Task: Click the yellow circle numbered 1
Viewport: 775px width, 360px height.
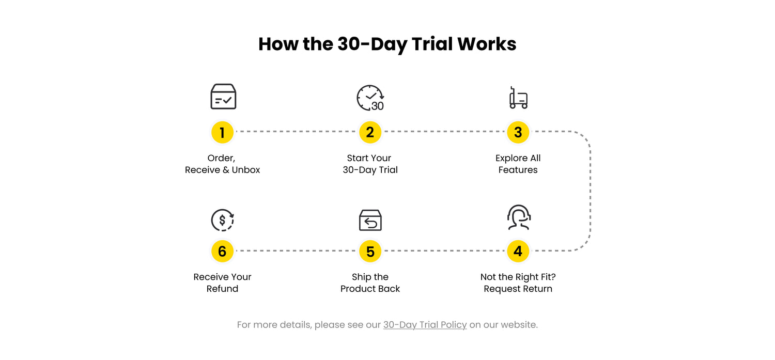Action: [x=222, y=132]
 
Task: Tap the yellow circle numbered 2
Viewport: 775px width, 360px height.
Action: [x=370, y=132]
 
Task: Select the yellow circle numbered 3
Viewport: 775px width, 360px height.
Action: [x=518, y=132]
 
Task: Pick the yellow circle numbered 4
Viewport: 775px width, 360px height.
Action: [x=518, y=251]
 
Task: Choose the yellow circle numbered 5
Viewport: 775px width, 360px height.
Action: [x=370, y=251]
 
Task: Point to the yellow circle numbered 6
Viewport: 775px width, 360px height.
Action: [x=222, y=251]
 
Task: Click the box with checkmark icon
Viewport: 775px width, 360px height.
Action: [x=223, y=97]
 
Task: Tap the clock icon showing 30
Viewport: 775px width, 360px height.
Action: [x=370, y=98]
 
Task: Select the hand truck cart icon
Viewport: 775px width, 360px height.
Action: [x=518, y=98]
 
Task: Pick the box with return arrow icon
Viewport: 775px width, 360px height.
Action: [x=370, y=220]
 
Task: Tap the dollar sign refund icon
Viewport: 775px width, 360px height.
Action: [x=223, y=220]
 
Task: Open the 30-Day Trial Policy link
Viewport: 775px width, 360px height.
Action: [x=425, y=325]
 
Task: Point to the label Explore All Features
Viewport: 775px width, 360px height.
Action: [x=518, y=164]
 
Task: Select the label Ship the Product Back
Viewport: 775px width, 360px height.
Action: [x=370, y=283]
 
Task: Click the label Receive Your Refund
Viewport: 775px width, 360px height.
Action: [x=222, y=283]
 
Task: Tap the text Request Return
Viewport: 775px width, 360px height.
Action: [x=518, y=289]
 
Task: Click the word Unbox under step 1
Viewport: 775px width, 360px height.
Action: [x=245, y=170]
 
